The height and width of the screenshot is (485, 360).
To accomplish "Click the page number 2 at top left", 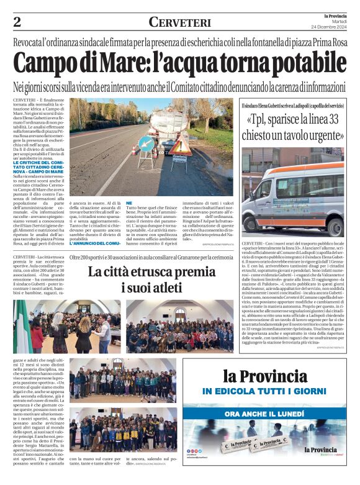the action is point(17,22).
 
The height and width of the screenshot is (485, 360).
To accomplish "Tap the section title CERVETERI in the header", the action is point(179,22).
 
